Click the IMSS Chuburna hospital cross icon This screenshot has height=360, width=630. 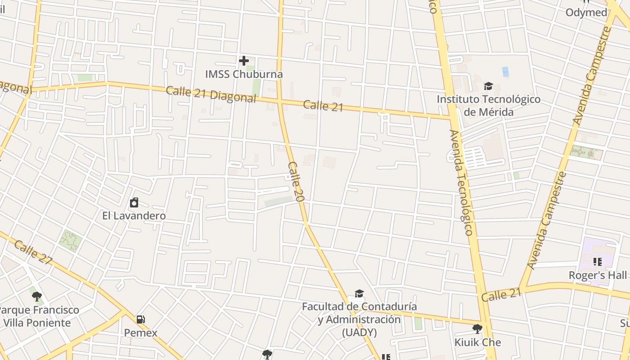click(x=244, y=60)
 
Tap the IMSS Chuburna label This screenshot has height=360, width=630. click(x=244, y=74)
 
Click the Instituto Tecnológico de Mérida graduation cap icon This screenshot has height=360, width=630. click(x=488, y=86)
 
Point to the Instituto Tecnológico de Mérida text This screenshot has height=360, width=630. click(x=488, y=105)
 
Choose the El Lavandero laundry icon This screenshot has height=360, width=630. click(x=134, y=202)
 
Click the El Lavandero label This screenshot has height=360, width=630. click(x=134, y=216)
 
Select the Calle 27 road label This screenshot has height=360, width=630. click(x=33, y=253)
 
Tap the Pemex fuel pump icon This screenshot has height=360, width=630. click(x=141, y=319)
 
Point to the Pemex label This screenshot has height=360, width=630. click(x=141, y=333)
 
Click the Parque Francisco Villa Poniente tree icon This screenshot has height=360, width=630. click(x=37, y=296)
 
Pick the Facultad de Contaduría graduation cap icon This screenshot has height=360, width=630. click(x=359, y=294)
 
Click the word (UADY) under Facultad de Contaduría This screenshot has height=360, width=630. click(x=359, y=333)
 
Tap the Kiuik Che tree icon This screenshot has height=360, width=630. click(x=477, y=329)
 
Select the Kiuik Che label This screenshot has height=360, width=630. click(x=477, y=342)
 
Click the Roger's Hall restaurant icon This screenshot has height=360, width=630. click(x=598, y=261)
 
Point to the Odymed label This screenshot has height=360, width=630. click(x=586, y=13)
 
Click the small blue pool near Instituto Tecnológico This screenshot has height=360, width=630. click(x=505, y=72)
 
